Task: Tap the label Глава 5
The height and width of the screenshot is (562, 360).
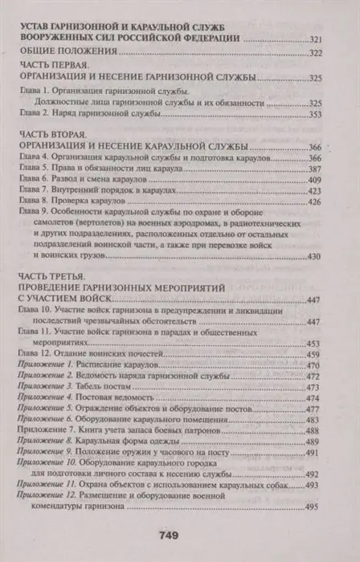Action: (x=37, y=171)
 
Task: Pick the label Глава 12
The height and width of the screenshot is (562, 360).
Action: (x=39, y=332)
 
